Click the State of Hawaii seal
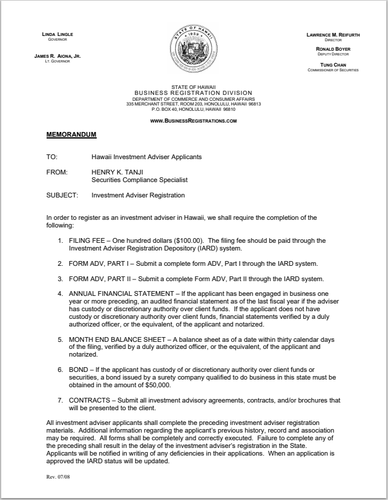[x=193, y=51]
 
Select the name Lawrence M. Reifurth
[x=333, y=35]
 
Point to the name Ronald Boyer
[x=333, y=49]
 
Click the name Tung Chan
[x=333, y=65]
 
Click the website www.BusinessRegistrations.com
[x=193, y=120]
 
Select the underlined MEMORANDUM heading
[x=71, y=134]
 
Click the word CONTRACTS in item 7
[x=91, y=400]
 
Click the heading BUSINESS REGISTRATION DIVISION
[x=193, y=93]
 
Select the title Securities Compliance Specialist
[x=139, y=180]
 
